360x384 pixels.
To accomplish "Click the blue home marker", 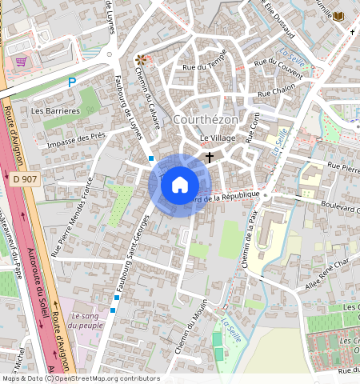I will [180, 185].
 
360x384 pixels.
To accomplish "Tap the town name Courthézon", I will [206, 119].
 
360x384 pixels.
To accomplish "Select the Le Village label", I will [218, 138].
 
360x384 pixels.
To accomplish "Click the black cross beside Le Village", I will [210, 158].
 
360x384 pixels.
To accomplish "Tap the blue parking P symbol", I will [72, 82].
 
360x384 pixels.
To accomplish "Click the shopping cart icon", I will [22, 61].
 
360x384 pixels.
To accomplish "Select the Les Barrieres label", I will [55, 110].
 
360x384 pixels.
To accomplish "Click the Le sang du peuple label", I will [86, 320].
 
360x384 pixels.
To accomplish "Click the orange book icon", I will [338, 16].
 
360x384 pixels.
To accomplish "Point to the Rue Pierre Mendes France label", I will [73, 217].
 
